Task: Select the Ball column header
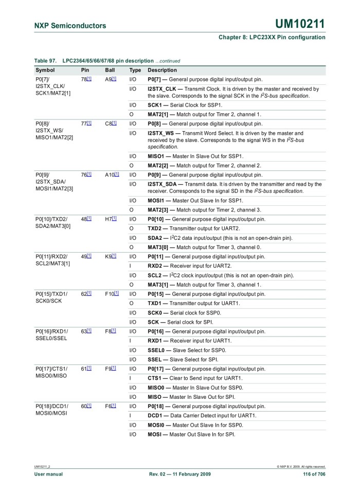(x=110, y=70)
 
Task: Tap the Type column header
(x=135, y=70)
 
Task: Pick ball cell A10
(x=110, y=175)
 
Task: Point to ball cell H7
(x=109, y=219)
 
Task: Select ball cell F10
(x=110, y=294)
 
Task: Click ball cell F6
(x=109, y=406)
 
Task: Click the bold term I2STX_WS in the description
(x=160, y=133)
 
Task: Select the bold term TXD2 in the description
(x=155, y=228)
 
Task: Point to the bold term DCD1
(x=155, y=415)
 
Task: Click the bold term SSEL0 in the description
(x=157, y=350)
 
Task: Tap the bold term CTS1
(x=155, y=378)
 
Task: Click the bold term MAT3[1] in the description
(x=159, y=285)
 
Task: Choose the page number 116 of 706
(x=314, y=474)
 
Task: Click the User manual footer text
(x=48, y=474)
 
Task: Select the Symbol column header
(x=45, y=70)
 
